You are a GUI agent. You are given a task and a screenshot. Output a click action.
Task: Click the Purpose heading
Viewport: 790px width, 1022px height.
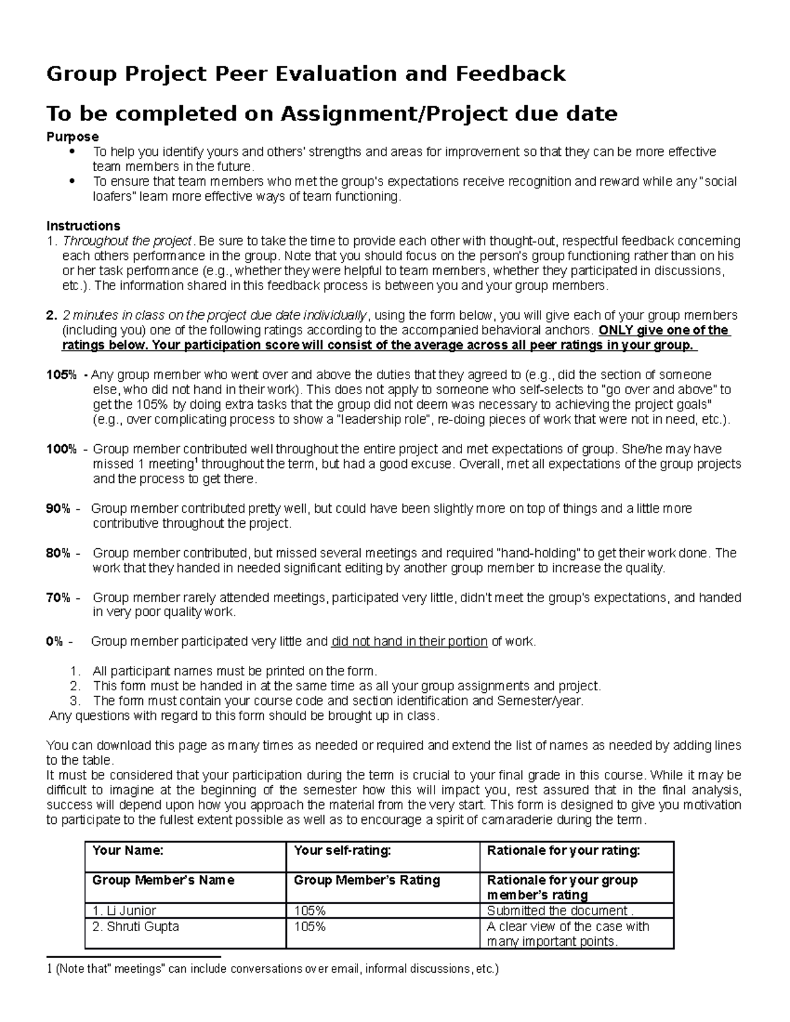(72, 136)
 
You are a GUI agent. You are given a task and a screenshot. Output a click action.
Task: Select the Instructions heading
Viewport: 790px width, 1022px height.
(83, 226)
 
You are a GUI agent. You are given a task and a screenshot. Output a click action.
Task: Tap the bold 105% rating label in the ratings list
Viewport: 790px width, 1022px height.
(61, 375)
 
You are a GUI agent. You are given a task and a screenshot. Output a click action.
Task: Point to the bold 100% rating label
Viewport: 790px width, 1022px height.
(61, 449)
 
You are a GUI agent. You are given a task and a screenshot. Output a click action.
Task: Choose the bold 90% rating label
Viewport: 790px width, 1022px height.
(58, 509)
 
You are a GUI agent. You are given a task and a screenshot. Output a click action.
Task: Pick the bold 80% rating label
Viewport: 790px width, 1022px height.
(58, 553)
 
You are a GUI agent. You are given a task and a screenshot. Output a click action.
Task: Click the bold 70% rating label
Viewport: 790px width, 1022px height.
(58, 598)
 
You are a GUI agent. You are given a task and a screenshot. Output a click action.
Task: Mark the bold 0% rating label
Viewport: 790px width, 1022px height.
(55, 642)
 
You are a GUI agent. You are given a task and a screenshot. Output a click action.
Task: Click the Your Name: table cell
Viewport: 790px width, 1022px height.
(128, 850)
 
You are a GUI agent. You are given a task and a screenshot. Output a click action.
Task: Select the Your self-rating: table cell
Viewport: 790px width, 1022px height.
(342, 850)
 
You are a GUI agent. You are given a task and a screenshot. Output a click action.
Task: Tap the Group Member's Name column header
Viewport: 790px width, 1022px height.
(163, 880)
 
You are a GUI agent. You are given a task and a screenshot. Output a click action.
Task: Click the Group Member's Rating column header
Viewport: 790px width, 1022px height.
(367, 880)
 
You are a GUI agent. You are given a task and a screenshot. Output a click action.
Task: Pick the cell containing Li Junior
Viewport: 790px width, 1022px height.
(124, 911)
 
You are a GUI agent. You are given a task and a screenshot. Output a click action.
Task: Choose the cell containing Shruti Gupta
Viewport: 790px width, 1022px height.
(136, 926)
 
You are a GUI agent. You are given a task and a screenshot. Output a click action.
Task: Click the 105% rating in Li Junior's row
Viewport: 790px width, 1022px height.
(310, 911)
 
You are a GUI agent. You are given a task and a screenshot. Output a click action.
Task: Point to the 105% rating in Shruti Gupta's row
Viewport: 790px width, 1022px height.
(310, 926)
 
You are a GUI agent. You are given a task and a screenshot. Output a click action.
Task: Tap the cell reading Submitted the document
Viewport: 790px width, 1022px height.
(560, 911)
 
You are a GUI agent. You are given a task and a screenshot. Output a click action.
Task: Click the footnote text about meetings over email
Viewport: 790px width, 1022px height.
(273, 969)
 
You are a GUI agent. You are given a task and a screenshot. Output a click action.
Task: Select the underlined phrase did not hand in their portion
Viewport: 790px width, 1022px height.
(409, 642)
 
